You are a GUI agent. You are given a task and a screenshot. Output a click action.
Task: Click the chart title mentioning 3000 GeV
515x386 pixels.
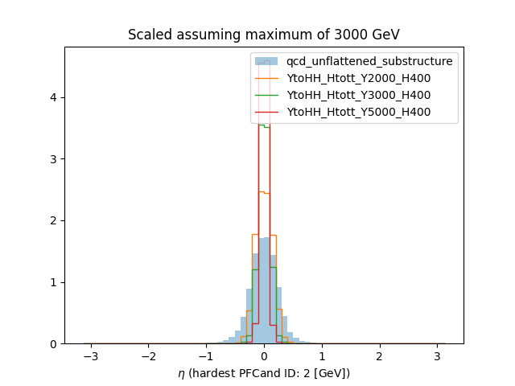point(263,35)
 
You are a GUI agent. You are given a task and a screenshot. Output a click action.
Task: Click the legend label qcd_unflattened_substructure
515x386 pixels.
point(369,61)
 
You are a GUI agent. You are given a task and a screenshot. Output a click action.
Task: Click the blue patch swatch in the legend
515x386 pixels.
point(266,61)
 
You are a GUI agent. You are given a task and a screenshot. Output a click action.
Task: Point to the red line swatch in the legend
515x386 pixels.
point(266,112)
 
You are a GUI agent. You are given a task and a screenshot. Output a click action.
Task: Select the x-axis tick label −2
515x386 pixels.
point(147,355)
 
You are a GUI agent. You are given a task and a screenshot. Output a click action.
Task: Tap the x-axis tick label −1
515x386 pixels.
point(205,355)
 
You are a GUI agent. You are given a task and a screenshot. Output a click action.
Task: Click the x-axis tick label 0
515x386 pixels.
point(264,355)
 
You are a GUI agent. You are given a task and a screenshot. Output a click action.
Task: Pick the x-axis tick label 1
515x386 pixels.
point(322,355)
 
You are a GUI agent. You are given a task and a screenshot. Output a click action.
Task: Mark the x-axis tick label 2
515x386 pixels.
point(380,355)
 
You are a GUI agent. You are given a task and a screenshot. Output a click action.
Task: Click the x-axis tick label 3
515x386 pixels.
point(438,355)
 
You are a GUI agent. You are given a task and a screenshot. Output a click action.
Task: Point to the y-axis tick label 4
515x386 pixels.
point(53,98)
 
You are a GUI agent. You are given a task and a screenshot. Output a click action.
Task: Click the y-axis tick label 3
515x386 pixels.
point(53,159)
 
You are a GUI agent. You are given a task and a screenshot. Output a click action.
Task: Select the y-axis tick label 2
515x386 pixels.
point(53,220)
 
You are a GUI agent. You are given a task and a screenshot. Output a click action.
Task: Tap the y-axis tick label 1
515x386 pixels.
point(53,282)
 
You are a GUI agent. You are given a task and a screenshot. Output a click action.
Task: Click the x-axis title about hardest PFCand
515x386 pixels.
point(263,373)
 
